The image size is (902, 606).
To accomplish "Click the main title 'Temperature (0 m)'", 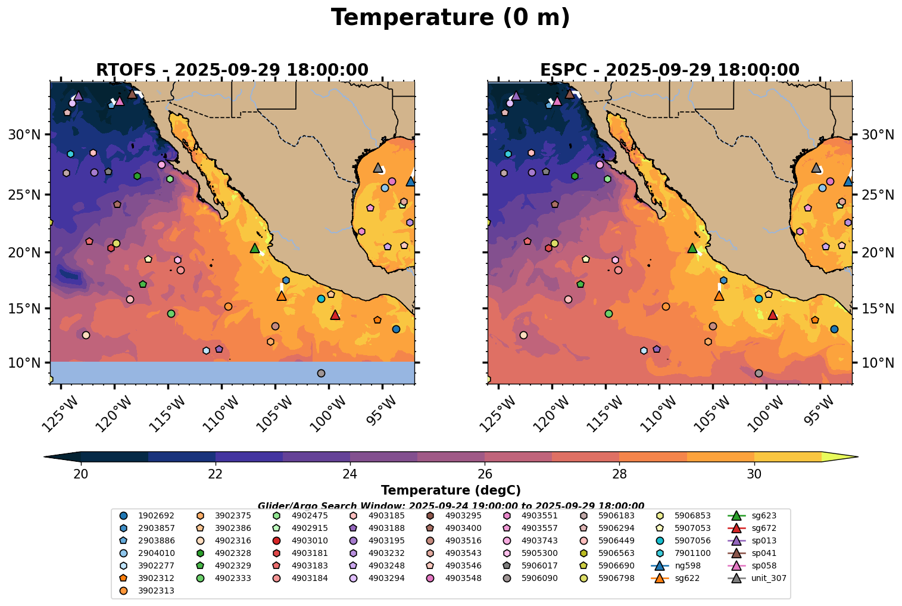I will [x=450, y=18].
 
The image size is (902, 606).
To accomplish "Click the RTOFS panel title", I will [x=232, y=70].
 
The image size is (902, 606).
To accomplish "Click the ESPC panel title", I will [x=669, y=70].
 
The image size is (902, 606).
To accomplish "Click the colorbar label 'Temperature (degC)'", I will [x=451, y=490].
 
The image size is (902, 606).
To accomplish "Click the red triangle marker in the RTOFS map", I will [x=335, y=315].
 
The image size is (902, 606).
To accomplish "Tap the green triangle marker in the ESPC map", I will [x=692, y=248].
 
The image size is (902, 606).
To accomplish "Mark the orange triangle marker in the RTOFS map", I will [x=282, y=296].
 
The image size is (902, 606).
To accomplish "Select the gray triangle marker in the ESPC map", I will [x=816, y=167].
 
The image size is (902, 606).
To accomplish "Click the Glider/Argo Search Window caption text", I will [x=451, y=505].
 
